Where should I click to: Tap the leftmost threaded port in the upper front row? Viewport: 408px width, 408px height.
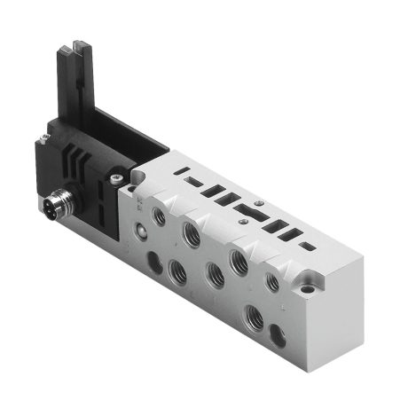160,213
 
